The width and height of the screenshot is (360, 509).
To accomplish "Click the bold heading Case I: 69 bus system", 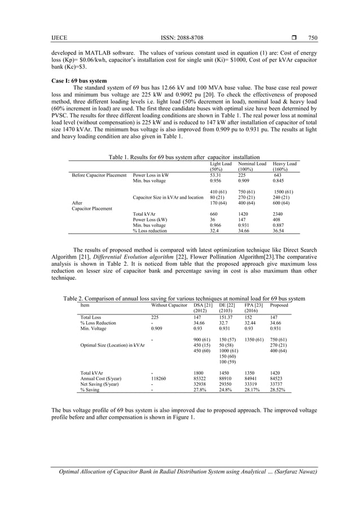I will [x=80, y=81].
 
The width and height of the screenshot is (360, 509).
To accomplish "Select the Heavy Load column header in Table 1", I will [x=285, y=164].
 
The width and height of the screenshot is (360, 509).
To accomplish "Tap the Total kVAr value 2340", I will [x=279, y=214].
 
